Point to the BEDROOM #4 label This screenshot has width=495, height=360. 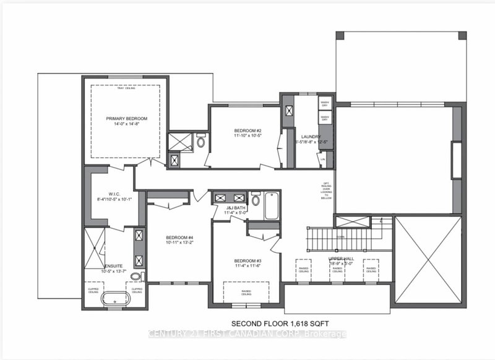179,237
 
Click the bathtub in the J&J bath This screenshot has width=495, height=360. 273,205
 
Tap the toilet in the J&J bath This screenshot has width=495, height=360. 255,200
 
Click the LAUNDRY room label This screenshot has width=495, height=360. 309,137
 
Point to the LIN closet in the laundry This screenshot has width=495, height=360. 323,158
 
